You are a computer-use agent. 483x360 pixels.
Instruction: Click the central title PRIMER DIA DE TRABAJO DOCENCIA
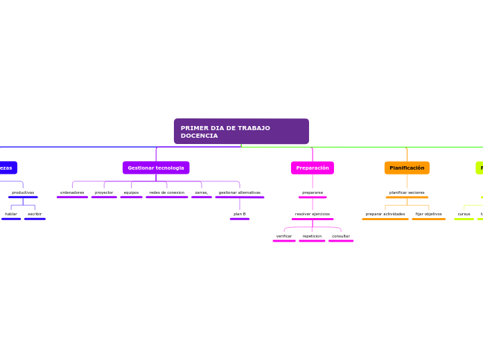click(x=241, y=132)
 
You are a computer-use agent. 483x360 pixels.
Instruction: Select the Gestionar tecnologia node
click(x=156, y=168)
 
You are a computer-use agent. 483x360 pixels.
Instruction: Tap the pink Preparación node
click(x=313, y=168)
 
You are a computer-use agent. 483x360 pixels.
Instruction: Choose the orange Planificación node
click(x=407, y=168)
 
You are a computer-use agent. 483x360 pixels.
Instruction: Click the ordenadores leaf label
click(x=72, y=192)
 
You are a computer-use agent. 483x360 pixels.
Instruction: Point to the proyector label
click(x=104, y=192)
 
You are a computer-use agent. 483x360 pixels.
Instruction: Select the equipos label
click(x=131, y=192)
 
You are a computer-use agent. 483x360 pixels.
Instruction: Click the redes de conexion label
click(x=167, y=192)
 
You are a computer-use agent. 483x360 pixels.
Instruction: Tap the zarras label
click(x=202, y=192)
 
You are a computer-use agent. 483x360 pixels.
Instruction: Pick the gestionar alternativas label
click(x=240, y=192)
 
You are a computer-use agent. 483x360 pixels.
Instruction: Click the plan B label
click(x=240, y=214)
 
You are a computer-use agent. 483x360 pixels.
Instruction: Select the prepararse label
click(x=313, y=192)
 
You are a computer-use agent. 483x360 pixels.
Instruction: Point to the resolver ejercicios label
click(x=313, y=214)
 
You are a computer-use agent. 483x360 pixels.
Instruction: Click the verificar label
click(x=284, y=236)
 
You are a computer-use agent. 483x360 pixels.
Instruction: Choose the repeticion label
click(x=312, y=236)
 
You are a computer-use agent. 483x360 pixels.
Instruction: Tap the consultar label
click(x=341, y=236)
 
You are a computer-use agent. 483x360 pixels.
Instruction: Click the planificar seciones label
click(x=407, y=192)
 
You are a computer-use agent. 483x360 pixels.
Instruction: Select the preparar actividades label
click(x=385, y=214)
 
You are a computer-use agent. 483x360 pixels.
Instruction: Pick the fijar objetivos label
click(x=428, y=214)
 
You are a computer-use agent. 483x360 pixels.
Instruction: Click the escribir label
click(x=35, y=214)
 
